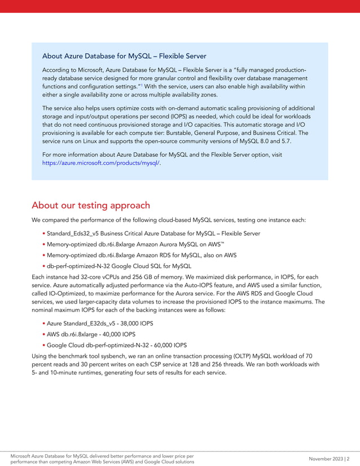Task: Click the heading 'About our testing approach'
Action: click(91, 205)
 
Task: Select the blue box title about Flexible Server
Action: click(124, 56)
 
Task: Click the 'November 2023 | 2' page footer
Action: click(330, 458)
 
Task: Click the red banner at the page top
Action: click(180, 6)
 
